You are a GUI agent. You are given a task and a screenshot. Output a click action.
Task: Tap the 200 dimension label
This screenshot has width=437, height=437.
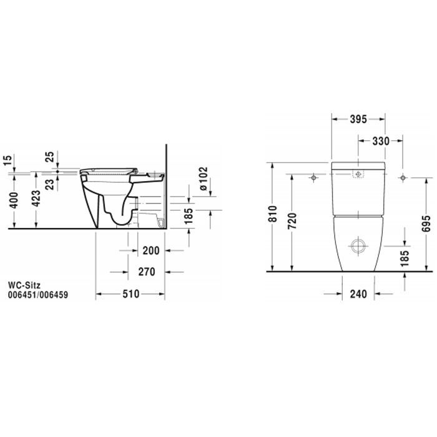pyautogui.click(x=150, y=251)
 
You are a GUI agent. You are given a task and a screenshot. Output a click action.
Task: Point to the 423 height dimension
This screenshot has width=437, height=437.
pyautogui.click(x=37, y=199)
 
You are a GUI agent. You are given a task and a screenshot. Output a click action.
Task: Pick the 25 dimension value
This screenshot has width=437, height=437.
pyautogui.click(x=49, y=155)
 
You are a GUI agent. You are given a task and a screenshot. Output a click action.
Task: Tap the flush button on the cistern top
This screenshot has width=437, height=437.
pyautogui.click(x=358, y=175)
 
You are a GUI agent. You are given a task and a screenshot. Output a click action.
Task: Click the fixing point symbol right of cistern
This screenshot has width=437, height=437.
pyautogui.click(x=403, y=179)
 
